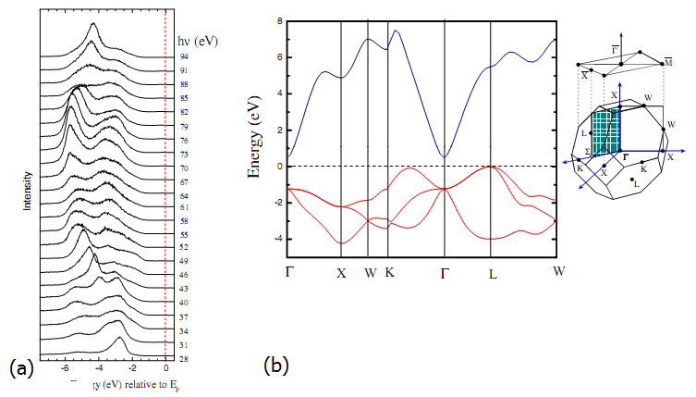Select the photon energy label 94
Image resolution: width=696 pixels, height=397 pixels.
point(184,57)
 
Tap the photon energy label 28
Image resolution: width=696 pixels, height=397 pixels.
point(184,357)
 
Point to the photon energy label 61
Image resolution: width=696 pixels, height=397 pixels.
point(184,207)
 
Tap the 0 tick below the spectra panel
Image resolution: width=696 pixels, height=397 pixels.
point(165,367)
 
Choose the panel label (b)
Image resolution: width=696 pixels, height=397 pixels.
point(277,366)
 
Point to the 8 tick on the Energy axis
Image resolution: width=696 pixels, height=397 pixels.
point(278,20)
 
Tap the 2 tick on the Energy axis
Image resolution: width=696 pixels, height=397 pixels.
point(278,130)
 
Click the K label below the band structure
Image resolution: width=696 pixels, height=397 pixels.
point(390,273)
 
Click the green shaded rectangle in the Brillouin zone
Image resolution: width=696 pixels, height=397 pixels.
point(605,129)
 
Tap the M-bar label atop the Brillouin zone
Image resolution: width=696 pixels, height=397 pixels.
point(666,61)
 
